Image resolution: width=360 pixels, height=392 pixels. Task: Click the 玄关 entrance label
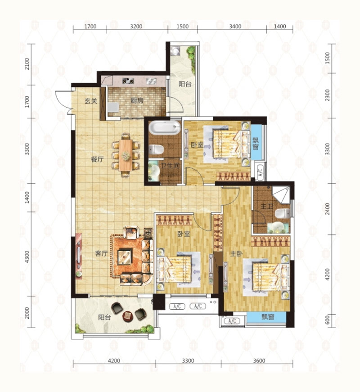click(x=91, y=101)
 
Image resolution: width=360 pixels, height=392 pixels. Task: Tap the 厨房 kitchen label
click(x=137, y=100)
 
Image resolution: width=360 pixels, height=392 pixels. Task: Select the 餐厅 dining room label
click(x=97, y=159)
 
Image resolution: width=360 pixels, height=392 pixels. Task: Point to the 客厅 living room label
click(x=101, y=253)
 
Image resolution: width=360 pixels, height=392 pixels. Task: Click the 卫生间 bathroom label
click(x=170, y=166)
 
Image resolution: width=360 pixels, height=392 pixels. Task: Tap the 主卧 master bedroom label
click(x=236, y=254)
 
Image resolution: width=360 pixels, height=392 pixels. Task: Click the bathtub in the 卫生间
click(x=165, y=128)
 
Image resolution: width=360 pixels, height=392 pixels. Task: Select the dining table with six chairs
click(x=126, y=155)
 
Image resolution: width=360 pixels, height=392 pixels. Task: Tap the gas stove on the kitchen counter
click(x=128, y=81)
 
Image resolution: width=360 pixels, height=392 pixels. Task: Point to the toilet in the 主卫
click(x=283, y=214)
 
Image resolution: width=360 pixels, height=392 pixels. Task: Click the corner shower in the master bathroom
click(x=281, y=195)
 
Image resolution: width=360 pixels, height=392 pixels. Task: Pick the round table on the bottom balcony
click(x=128, y=316)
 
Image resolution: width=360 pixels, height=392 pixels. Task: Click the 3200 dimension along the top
click(x=136, y=27)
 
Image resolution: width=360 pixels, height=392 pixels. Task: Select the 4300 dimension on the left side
click(x=27, y=257)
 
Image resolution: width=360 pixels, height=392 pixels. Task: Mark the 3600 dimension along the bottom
click(x=259, y=361)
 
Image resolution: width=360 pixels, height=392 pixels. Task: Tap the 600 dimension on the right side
click(x=328, y=320)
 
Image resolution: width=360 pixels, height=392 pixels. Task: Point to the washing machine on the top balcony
click(x=176, y=51)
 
